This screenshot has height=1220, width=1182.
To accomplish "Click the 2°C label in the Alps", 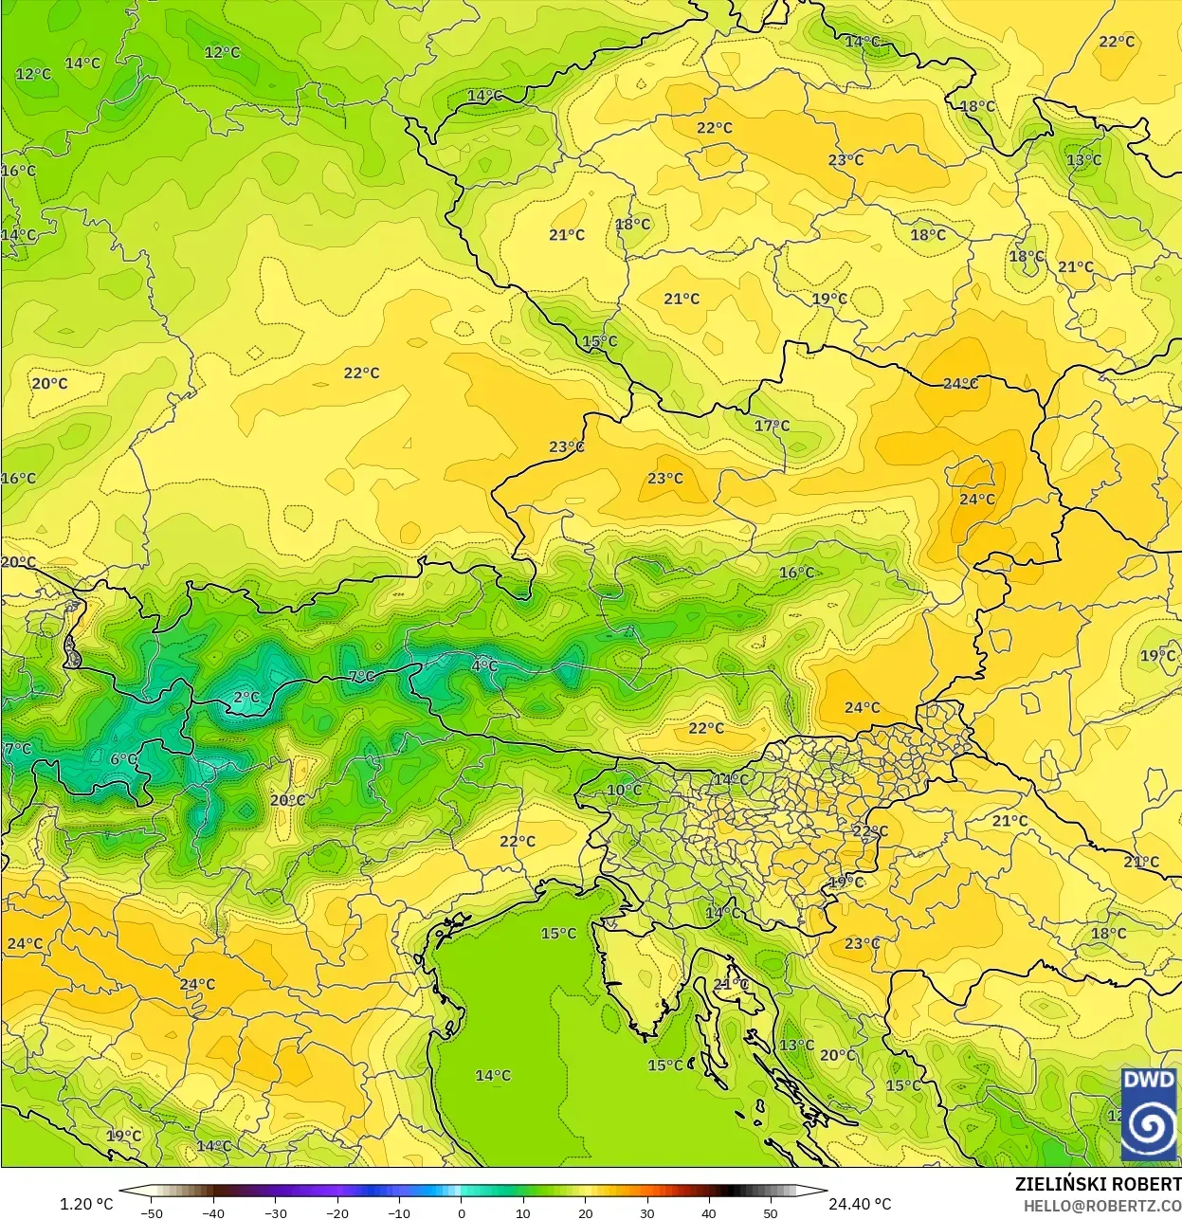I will click(x=246, y=698).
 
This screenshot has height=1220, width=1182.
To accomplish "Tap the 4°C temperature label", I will click(x=484, y=666).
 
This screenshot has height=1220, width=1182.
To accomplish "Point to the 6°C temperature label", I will click(x=123, y=759).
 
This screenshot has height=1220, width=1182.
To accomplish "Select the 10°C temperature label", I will click(x=624, y=790).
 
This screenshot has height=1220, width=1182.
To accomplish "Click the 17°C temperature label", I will click(x=772, y=426).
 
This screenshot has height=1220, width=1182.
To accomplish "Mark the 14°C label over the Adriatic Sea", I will click(x=493, y=1075).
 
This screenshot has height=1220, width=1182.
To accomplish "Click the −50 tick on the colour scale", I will click(x=152, y=1212).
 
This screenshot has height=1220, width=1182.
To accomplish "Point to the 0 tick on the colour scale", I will click(x=462, y=1212).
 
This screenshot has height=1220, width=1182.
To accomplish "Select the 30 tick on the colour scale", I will click(x=646, y=1212).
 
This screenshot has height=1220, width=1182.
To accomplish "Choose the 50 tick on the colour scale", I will click(x=770, y=1212).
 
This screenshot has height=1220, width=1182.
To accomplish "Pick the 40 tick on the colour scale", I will click(x=708, y=1212).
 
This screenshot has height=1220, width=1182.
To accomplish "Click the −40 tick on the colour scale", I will click(x=213, y=1212).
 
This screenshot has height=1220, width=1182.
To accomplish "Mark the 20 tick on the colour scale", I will click(x=585, y=1212).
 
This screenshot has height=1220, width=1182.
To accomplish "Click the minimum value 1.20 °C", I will click(x=86, y=1204).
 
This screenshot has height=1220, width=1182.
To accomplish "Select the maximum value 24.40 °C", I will click(x=860, y=1204).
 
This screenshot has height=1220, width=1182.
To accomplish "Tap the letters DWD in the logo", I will click(x=1149, y=1080).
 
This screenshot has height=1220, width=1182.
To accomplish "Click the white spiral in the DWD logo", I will click(x=1149, y=1125).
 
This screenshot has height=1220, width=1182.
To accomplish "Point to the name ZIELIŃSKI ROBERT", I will click(x=1098, y=1184).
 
